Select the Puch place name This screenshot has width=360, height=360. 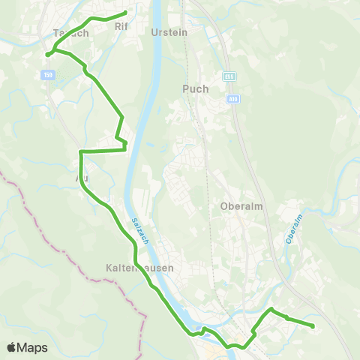tap(195, 88)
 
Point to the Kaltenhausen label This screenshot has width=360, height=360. tap(140, 268)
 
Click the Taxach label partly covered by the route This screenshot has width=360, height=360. tap(72, 33)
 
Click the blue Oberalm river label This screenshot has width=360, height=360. tap(293, 228)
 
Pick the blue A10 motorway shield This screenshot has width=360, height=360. tap(233, 98)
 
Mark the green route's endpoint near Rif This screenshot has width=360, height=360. tap(125, 12)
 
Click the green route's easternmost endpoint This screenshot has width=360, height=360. tap(311, 325)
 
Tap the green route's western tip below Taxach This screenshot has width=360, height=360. tap(47, 54)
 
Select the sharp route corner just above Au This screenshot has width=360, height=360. tap(80, 151)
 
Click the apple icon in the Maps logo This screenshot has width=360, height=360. tap(11, 347)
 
